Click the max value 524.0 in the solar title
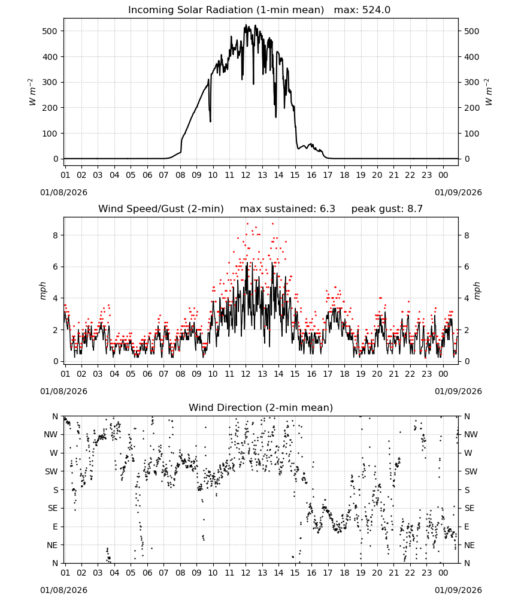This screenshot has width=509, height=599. pyautogui.click(x=376, y=10)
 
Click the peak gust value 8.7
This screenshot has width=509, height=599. pyautogui.click(x=415, y=209)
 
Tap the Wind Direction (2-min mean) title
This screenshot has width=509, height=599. pyautogui.click(x=261, y=407)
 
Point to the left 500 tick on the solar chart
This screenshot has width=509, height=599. pyautogui.click(x=50, y=31)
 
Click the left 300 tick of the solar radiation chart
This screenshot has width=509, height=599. pyautogui.click(x=50, y=83)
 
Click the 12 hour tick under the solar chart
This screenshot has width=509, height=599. pyautogui.click(x=246, y=175)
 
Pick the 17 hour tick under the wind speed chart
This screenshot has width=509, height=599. pyautogui.click(x=328, y=374)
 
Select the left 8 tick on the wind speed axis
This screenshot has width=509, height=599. pyautogui.click(x=56, y=235)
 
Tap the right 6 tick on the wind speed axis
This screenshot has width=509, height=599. pyautogui.click(x=466, y=267)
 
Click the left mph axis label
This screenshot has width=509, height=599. pyautogui.click(x=43, y=291)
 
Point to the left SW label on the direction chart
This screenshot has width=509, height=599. pyautogui.click(x=51, y=472)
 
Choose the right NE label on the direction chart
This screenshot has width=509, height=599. pyautogui.click(x=469, y=545)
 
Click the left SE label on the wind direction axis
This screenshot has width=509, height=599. pyautogui.click(x=53, y=509)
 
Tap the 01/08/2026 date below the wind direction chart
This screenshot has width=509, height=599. pyautogui.click(x=63, y=590)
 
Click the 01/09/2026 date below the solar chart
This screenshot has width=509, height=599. pyautogui.click(x=458, y=192)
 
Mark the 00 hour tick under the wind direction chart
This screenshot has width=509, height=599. pyautogui.click(x=443, y=573)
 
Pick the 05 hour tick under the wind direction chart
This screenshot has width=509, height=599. pyautogui.click(x=131, y=573)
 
